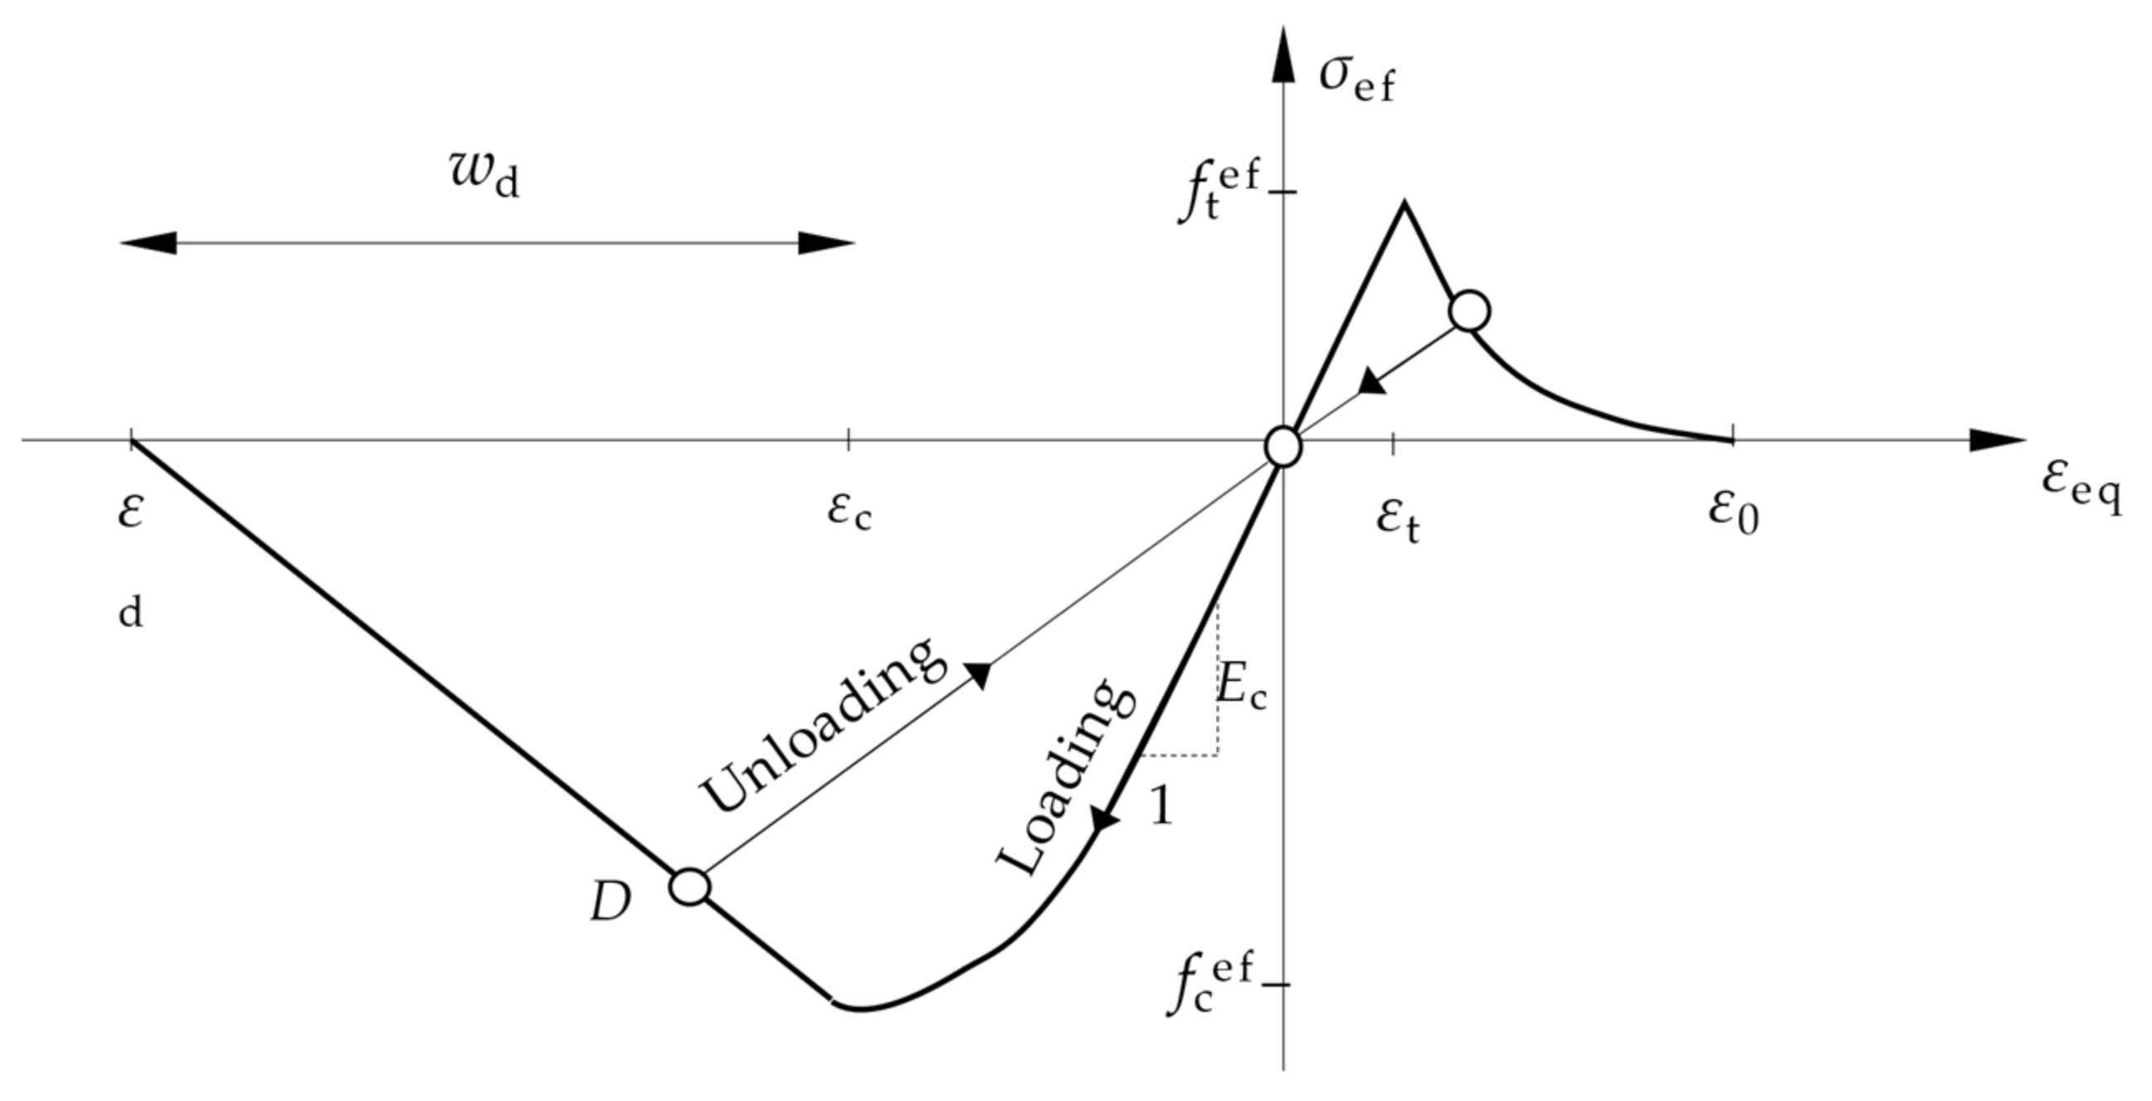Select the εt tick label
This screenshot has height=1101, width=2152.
tap(1397, 522)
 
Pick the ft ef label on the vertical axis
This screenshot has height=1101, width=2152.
tap(1217, 193)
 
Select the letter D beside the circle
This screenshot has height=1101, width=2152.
tap(610, 902)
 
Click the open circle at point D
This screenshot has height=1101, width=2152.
tap(690, 887)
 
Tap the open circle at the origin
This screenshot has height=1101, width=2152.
tap(1283, 447)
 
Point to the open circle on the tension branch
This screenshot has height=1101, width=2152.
tap(1469, 312)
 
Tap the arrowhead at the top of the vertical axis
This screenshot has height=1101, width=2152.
tap(1283, 55)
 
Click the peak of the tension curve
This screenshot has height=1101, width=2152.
tap(1404, 203)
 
